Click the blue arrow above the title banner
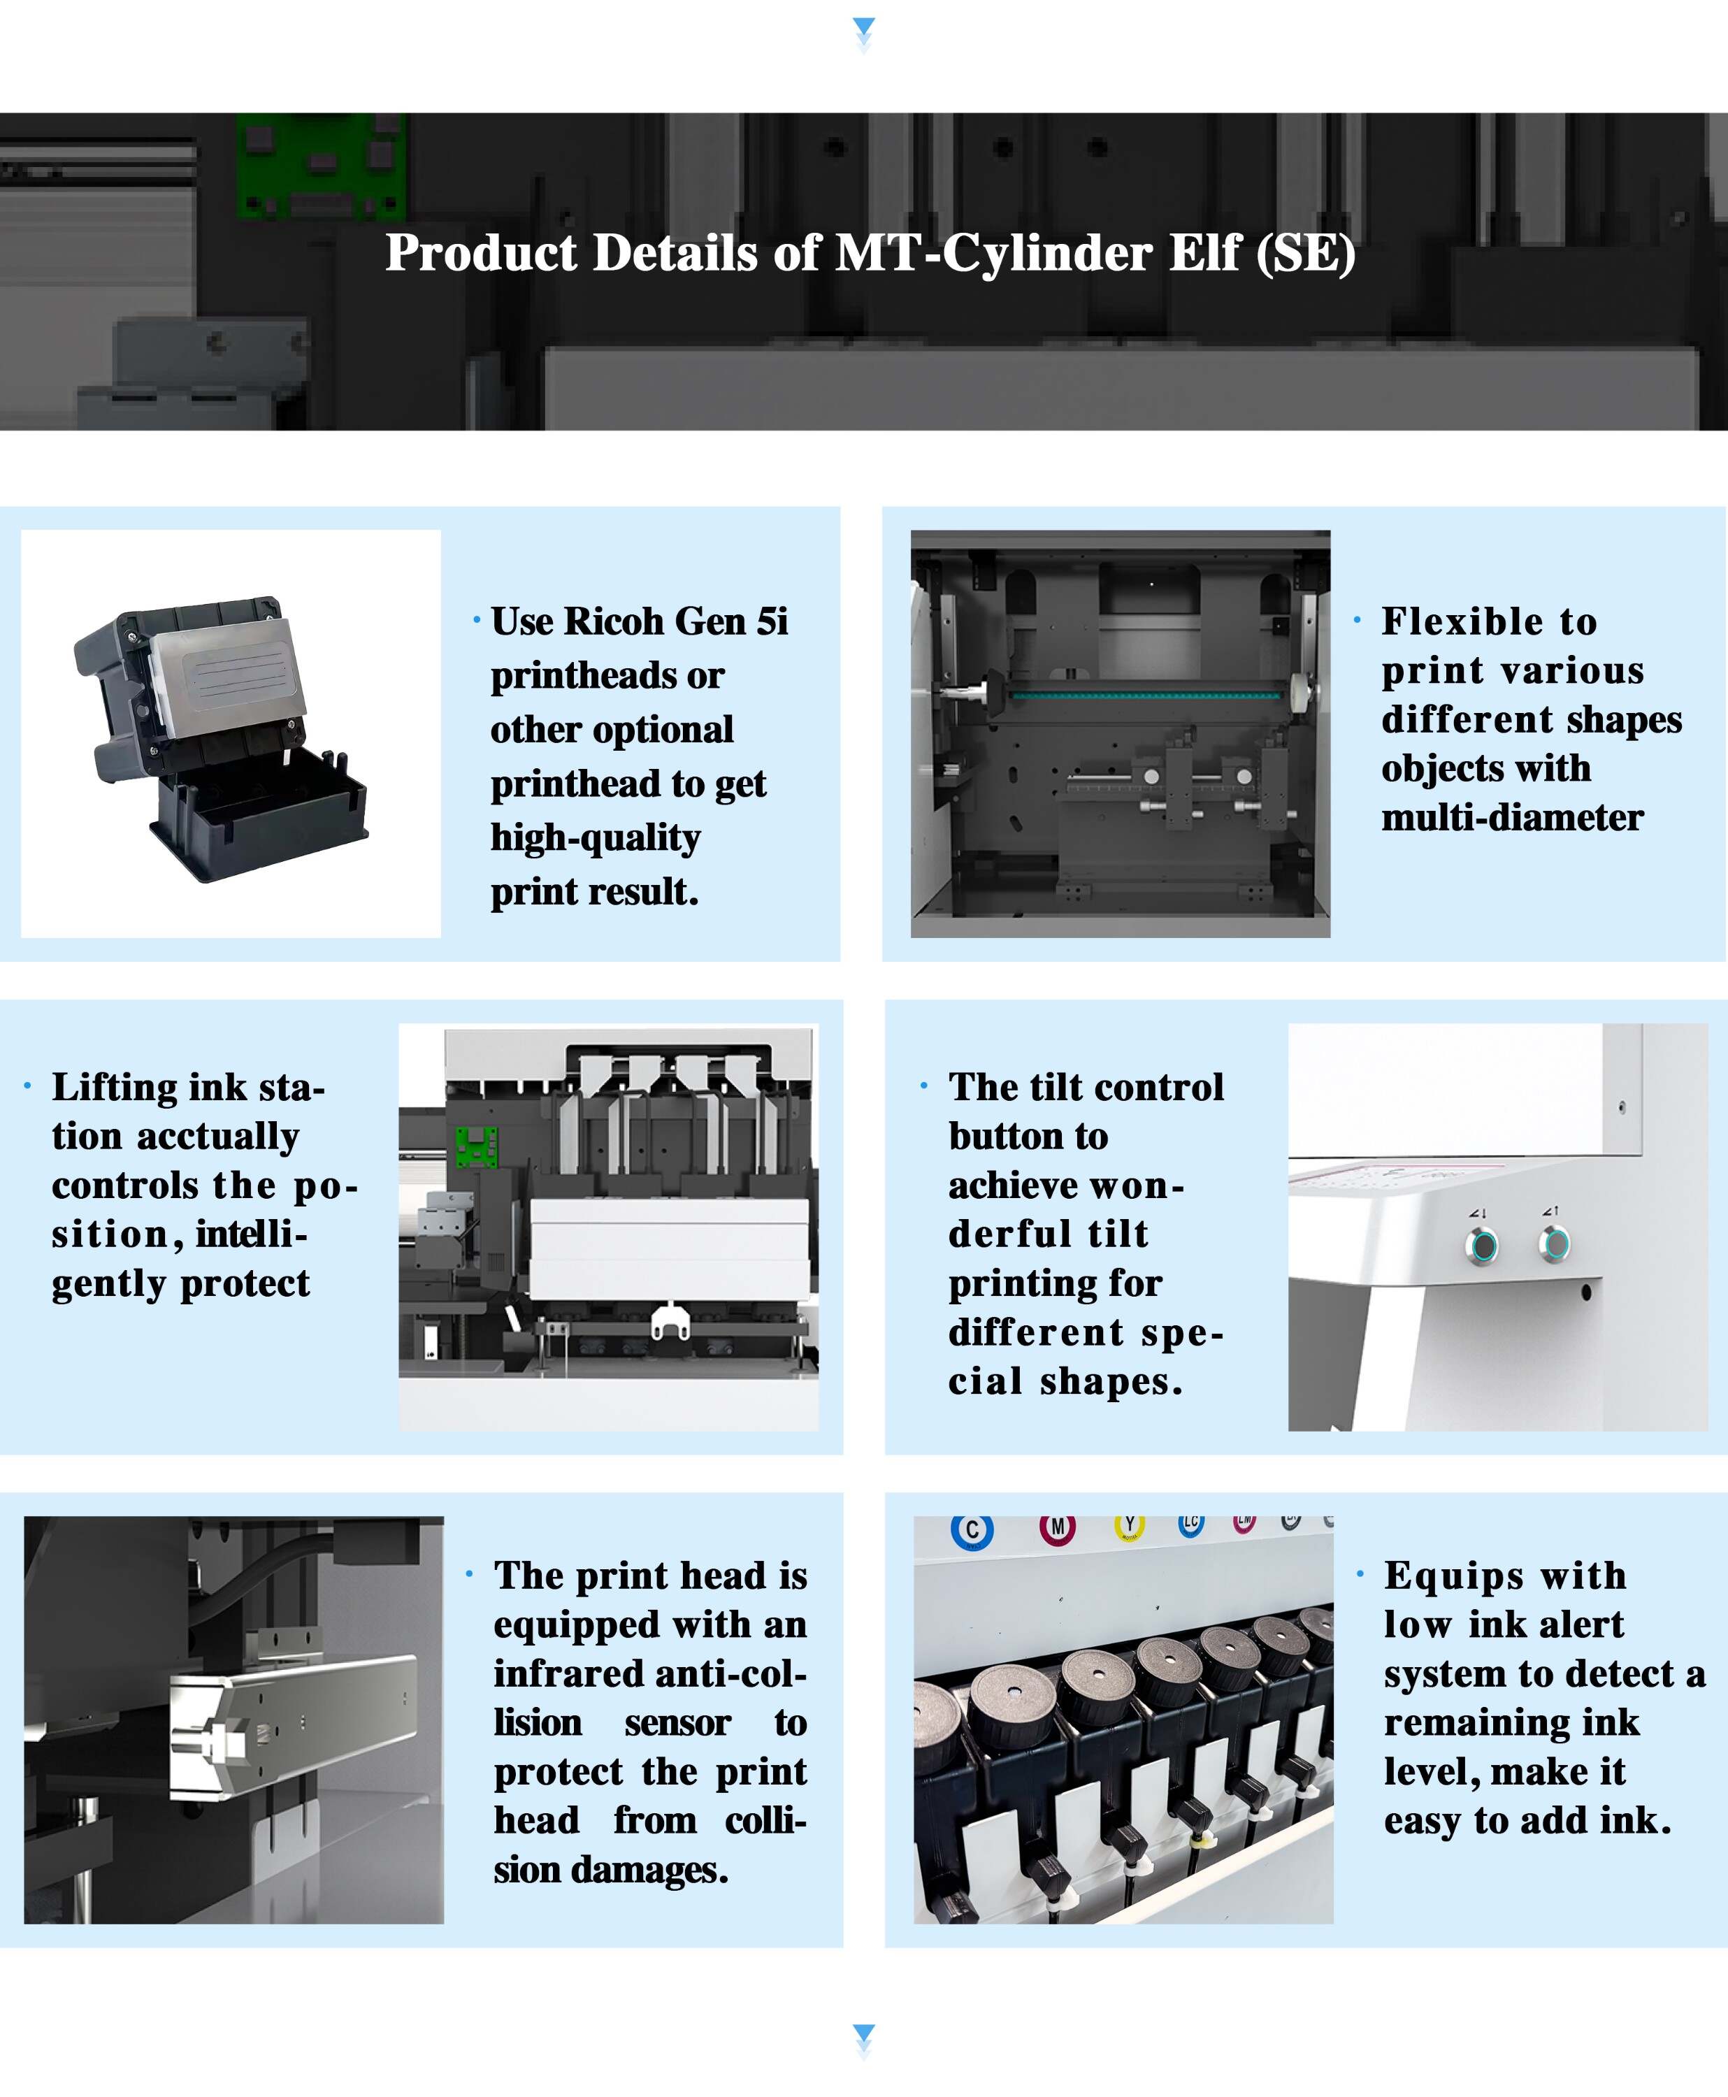point(863,27)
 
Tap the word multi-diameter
point(1512,817)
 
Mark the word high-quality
point(596,838)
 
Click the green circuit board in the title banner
point(321,164)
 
